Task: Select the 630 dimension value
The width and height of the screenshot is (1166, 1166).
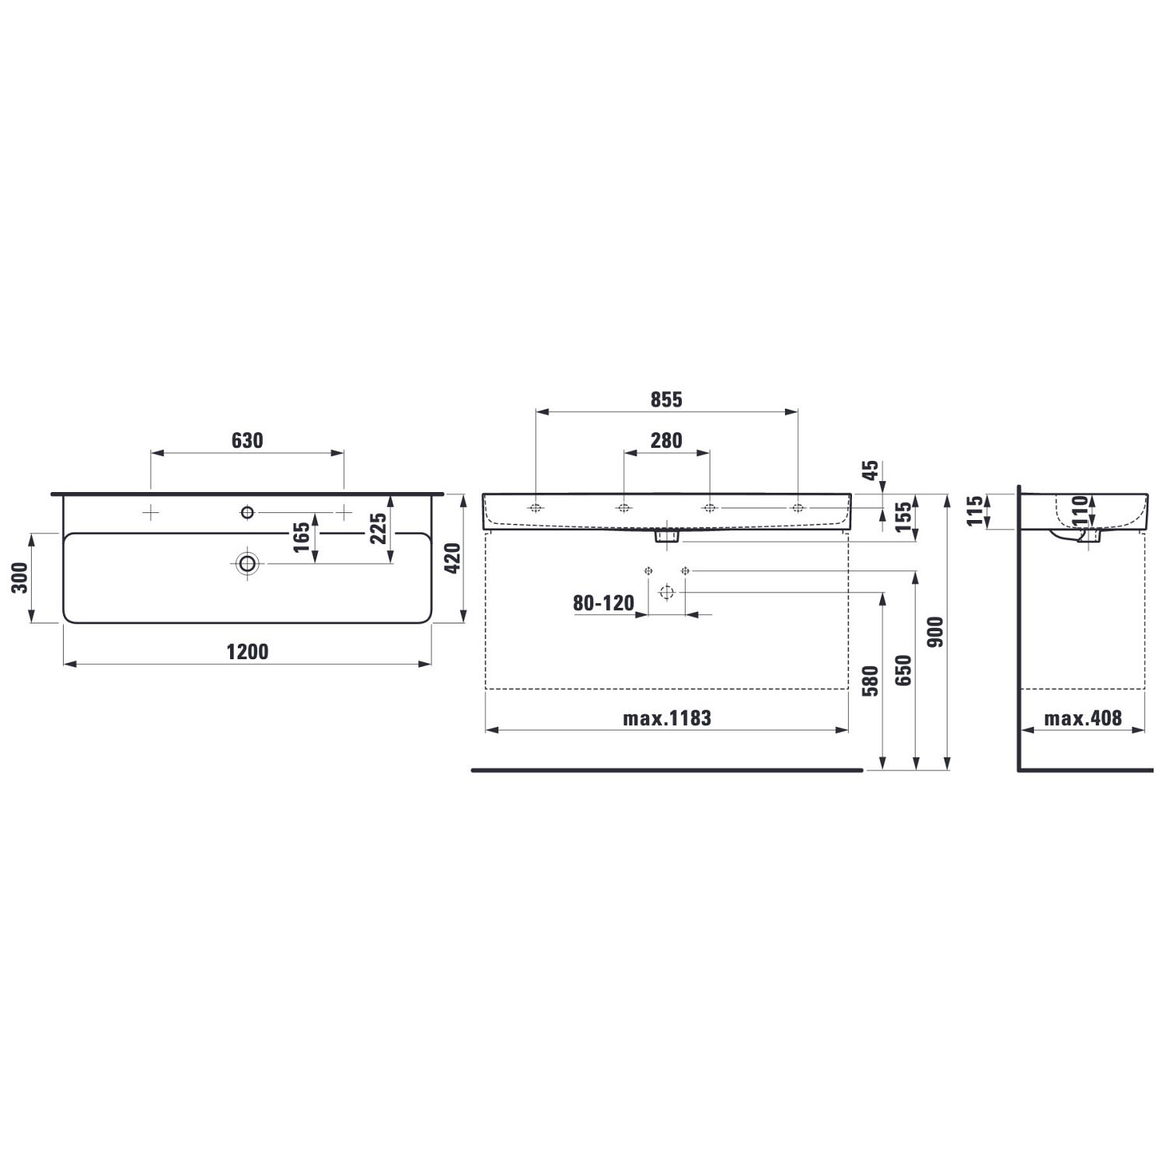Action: [x=247, y=441]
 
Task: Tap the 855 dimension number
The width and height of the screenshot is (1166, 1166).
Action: [x=666, y=400]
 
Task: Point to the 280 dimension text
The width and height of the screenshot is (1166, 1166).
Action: [x=666, y=441]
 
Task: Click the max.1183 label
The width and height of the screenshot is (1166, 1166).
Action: [x=667, y=718]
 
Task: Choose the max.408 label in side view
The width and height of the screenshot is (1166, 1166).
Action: [x=1083, y=718]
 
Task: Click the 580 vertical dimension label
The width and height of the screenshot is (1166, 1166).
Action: [x=871, y=681]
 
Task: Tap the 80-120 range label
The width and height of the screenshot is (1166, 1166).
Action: [x=603, y=603]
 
